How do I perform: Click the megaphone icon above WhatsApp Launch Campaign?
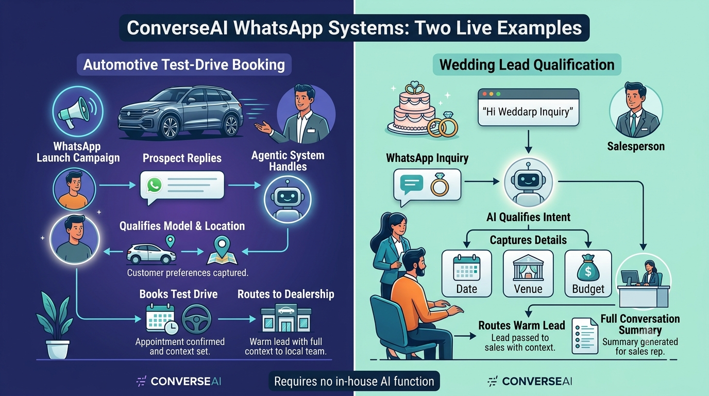coord(78,112)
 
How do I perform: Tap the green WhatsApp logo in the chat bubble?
coord(154,185)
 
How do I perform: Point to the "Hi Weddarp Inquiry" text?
coord(528,112)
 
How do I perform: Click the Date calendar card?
coord(466,273)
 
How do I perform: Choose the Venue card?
coord(528,273)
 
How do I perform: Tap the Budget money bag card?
coord(588,273)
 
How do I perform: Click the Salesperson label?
coord(635,146)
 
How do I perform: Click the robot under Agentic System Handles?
coord(288,200)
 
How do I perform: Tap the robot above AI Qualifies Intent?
coord(528,183)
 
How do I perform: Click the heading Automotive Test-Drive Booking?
coord(184,64)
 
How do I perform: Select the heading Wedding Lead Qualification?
coord(527,64)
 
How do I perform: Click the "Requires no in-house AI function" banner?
coord(354,381)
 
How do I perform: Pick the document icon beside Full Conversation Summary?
coord(585,336)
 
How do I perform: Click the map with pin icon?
coord(222,250)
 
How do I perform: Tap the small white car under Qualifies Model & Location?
coord(151,254)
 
